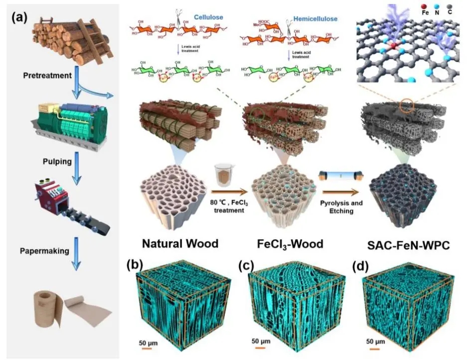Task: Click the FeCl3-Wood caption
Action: [x=291, y=244]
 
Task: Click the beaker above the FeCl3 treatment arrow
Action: [x=223, y=176]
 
